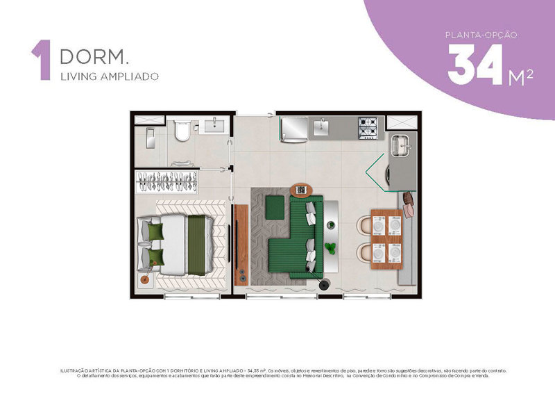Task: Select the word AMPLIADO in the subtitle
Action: coord(132,76)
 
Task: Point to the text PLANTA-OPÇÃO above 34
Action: coord(480,34)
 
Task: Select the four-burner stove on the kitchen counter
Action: coord(368,127)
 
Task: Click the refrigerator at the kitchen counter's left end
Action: coord(293,129)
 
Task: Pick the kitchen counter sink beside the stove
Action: coord(323,127)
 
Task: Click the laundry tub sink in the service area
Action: coord(400,145)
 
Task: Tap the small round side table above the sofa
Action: coord(302,190)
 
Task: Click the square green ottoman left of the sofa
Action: coord(275,205)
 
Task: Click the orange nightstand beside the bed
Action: coord(146,279)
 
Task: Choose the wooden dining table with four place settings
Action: coord(386,238)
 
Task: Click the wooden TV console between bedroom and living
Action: coord(241,243)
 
